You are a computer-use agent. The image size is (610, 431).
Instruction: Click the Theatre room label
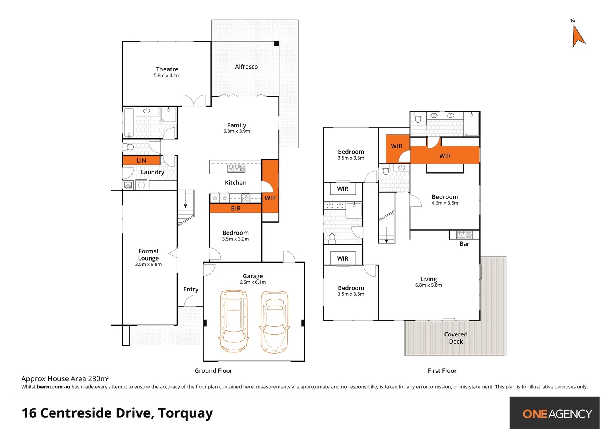(167, 69)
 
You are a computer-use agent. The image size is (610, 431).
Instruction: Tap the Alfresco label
(246, 67)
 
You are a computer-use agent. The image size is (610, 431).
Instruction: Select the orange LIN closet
(141, 160)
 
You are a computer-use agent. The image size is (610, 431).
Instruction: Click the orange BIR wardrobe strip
(236, 208)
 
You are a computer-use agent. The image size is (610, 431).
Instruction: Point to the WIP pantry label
(270, 198)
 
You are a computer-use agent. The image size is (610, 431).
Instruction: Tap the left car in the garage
(234, 321)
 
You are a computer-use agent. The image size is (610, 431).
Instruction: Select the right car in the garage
(275, 322)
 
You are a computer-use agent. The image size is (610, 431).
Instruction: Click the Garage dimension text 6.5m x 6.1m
(253, 282)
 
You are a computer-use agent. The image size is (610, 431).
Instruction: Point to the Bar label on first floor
(464, 244)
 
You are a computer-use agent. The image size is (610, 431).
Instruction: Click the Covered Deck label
(456, 338)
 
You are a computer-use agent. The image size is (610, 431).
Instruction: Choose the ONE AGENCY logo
(555, 413)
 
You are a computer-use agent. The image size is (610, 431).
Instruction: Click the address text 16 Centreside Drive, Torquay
(117, 413)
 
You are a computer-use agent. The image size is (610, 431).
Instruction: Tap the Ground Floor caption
(213, 371)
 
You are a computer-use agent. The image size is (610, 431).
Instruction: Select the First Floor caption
(442, 371)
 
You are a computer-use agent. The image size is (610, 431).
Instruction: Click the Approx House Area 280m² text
(65, 379)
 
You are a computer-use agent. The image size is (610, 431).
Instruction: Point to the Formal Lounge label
(149, 255)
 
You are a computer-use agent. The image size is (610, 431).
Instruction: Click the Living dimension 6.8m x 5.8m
(428, 285)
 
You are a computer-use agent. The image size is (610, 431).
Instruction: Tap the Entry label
(191, 289)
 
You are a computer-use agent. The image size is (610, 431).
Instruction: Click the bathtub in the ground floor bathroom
(129, 123)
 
